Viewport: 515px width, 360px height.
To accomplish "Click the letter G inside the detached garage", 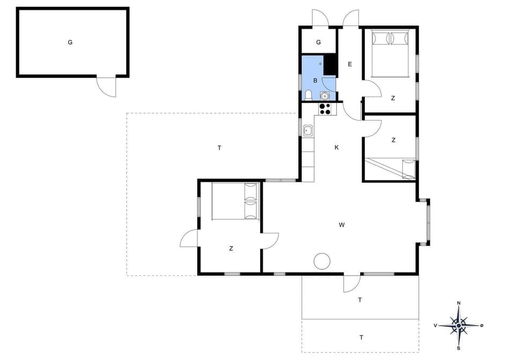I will tap(70, 42).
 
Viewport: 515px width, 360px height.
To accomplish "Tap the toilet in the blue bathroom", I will tap(308, 95).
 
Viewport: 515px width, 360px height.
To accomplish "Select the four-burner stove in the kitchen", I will tap(325, 108).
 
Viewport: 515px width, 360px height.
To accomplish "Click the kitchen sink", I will tap(308, 130).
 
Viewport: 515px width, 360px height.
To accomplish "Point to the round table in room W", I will tap(322, 261).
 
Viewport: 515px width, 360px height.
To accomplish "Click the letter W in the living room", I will tap(341, 225).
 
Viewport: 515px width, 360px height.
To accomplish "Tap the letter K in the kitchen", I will tap(337, 147).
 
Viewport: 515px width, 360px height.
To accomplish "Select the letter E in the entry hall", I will tap(350, 64).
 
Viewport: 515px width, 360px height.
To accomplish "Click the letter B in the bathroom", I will tap(315, 80).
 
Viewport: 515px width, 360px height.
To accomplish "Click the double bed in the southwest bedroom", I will tap(236, 201).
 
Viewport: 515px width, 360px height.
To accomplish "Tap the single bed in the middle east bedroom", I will tap(391, 168).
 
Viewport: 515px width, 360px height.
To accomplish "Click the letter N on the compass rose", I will tap(458, 303).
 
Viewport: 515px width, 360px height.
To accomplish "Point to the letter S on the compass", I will tap(458, 348).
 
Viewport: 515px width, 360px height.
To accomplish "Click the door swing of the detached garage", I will tap(107, 87).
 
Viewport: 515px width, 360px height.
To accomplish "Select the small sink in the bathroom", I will tap(323, 95).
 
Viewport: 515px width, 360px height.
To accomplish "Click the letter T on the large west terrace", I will tap(219, 148).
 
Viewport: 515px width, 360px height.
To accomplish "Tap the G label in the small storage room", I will tap(318, 42).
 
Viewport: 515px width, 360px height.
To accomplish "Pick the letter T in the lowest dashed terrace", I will tap(361, 337).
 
